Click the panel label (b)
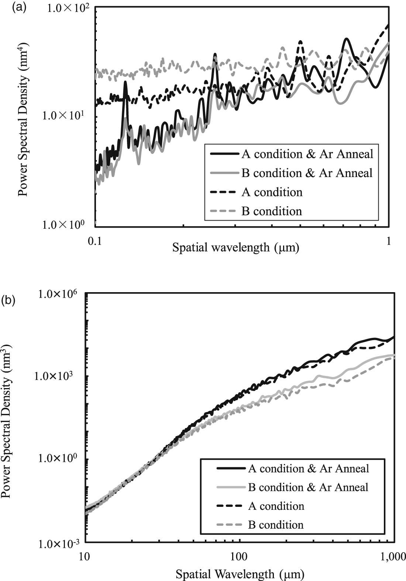[x=8, y=300]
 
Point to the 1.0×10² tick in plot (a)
[x=70, y=8]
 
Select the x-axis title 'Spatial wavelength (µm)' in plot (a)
[x=235, y=247]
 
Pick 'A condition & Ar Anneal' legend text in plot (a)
[x=307, y=154]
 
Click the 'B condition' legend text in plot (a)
[x=272, y=211]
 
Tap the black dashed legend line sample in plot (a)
[x=224, y=192]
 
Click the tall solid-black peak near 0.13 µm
[x=125, y=83]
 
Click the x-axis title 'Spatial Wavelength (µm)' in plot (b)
[x=240, y=574]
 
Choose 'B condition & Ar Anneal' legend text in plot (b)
[x=308, y=487]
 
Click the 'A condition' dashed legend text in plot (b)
[x=276, y=506]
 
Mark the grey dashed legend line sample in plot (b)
[x=230, y=525]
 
